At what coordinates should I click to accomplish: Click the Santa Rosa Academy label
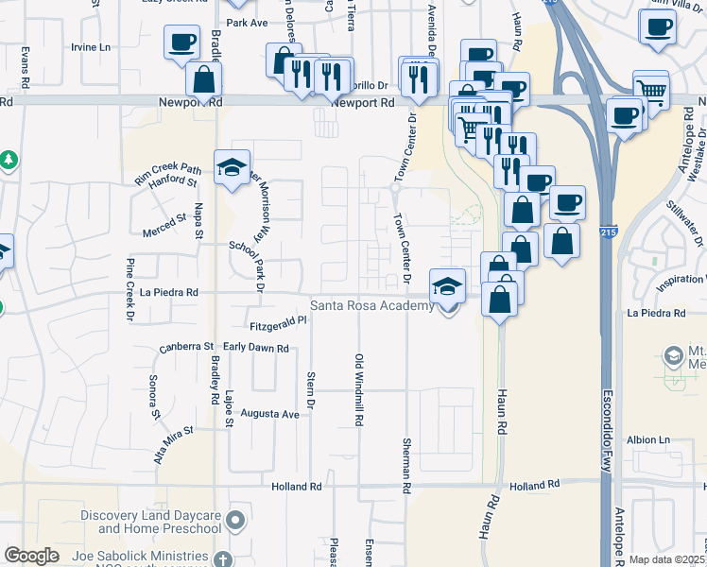pyautogui.click(x=372, y=305)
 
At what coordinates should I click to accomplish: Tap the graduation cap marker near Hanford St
pyautogui.click(x=232, y=169)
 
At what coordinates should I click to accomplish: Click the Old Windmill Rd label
pyautogui.click(x=359, y=388)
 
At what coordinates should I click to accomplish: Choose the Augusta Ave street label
pyautogui.click(x=270, y=414)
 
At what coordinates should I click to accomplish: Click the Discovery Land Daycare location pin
pyautogui.click(x=235, y=520)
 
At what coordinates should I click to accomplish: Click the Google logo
pyautogui.click(x=31, y=555)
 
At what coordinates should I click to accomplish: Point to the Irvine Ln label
pyautogui.click(x=91, y=46)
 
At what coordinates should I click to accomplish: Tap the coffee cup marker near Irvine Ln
pyautogui.click(x=181, y=43)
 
